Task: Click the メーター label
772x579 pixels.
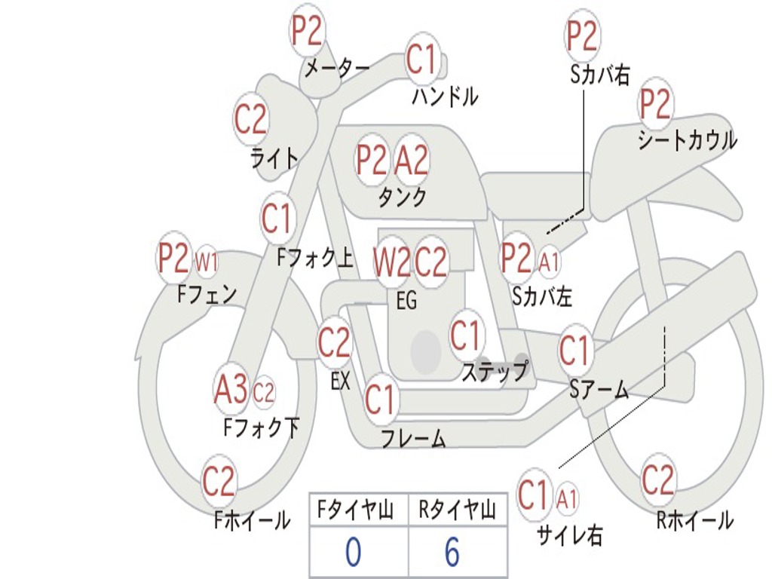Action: [x=337, y=68]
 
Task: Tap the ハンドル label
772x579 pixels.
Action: [x=445, y=96]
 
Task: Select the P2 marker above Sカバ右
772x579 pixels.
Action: [x=582, y=35]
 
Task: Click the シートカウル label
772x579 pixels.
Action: [x=688, y=140]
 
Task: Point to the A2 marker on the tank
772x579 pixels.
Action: [x=411, y=160]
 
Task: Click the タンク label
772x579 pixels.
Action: [x=402, y=197]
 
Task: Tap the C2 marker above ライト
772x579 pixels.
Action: [x=251, y=118]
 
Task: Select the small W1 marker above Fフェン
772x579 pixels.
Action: [x=206, y=262]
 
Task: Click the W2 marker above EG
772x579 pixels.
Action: [x=391, y=262]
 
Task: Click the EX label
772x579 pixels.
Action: [x=340, y=381]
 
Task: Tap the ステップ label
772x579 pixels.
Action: [x=495, y=371]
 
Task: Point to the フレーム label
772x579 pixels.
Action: [x=414, y=438]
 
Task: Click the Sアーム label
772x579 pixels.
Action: [x=599, y=390]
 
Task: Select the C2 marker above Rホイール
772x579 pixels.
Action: [x=657, y=480]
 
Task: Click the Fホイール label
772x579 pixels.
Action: [x=252, y=520]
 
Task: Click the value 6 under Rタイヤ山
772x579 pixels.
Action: [x=452, y=552]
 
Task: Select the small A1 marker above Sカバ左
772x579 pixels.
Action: [x=548, y=262]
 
